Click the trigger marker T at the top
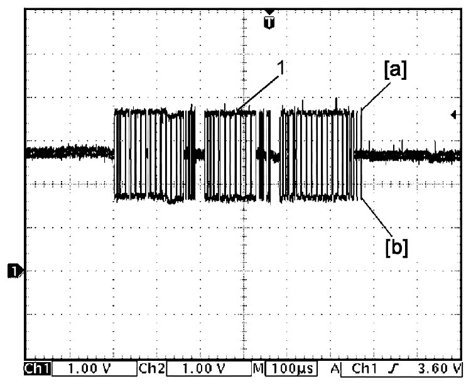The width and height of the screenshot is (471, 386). coord(269,23)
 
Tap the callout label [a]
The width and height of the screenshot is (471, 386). coord(395,70)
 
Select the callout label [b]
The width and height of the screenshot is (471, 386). coord(396,248)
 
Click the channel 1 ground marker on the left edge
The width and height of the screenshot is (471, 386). coord(13,270)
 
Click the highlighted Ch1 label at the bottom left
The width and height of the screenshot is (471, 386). coord(38,369)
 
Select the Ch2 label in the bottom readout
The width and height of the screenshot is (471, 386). coord(152,368)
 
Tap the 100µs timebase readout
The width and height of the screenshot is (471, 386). coord(291,368)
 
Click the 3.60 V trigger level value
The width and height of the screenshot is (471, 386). coord(439,368)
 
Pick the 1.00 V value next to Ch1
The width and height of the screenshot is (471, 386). coord(89,368)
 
